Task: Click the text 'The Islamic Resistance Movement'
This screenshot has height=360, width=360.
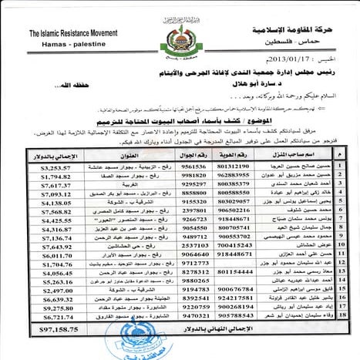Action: [x=68, y=35]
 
